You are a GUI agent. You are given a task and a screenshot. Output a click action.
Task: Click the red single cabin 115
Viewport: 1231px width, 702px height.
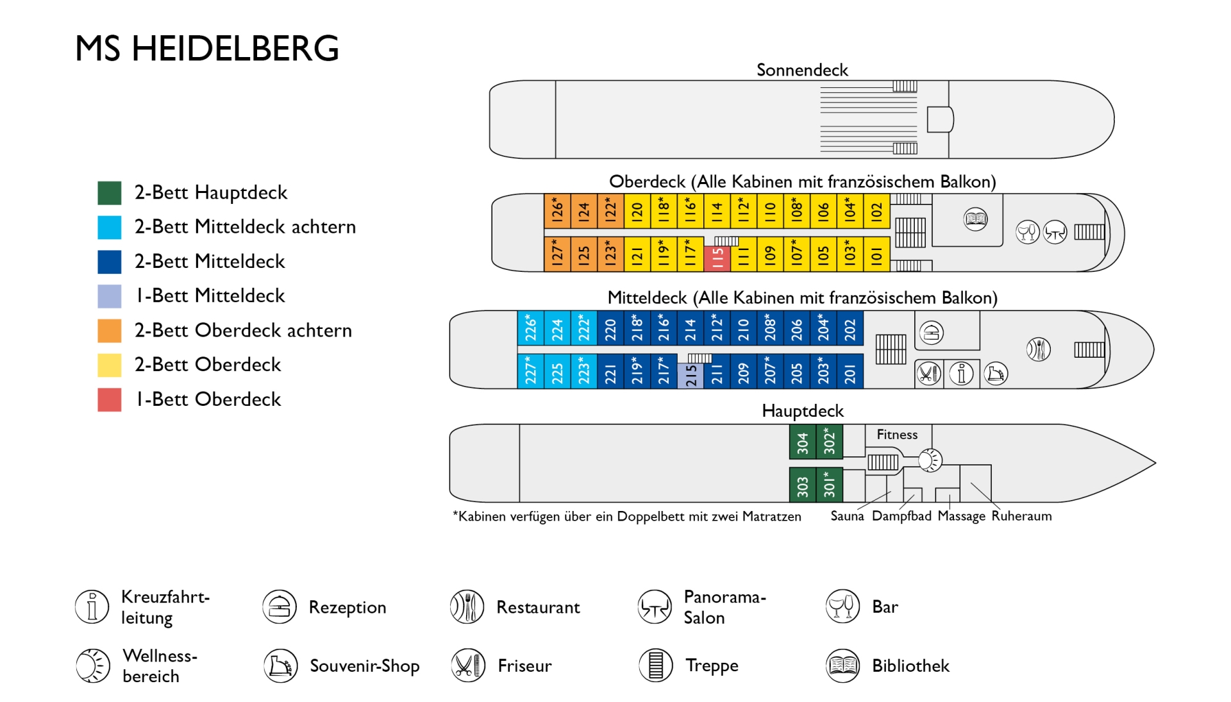pos(717,259)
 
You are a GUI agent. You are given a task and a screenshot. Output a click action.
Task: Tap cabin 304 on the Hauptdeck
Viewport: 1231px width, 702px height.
pos(802,442)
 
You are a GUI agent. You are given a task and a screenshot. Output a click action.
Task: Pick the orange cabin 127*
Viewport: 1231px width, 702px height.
pos(557,254)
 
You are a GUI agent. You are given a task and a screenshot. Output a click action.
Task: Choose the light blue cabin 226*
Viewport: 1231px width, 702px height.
pos(531,328)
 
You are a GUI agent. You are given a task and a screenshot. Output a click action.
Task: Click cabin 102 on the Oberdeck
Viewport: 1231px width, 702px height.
pos(876,211)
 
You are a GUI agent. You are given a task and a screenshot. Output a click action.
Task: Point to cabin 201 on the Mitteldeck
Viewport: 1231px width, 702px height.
pos(850,371)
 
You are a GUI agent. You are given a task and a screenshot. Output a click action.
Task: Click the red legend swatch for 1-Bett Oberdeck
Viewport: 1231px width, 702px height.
pos(110,399)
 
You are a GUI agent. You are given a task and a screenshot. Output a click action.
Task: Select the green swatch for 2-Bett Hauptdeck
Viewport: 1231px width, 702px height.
pos(110,192)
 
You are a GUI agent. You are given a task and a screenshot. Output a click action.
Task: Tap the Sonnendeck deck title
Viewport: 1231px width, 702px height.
pos(802,70)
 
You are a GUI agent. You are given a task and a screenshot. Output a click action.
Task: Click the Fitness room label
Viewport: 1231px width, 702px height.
pos(897,435)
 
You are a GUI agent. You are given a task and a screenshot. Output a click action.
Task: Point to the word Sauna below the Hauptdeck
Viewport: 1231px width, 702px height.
pos(847,516)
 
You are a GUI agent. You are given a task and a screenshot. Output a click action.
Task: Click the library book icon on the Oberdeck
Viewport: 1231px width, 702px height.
pos(975,219)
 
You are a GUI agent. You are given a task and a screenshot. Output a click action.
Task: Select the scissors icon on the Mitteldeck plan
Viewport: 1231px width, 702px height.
pos(928,373)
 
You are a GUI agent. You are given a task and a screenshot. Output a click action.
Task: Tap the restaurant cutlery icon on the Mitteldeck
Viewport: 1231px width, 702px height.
pos(1038,349)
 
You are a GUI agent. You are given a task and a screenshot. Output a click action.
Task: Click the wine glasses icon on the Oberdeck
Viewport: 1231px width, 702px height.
pos(1028,231)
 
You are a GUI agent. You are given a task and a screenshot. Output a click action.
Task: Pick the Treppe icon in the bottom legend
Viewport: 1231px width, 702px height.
pos(655,665)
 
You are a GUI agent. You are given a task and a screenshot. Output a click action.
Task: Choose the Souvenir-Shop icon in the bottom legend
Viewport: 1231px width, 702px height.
pos(280,665)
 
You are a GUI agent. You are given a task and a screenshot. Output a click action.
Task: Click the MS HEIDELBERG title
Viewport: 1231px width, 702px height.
pos(207,48)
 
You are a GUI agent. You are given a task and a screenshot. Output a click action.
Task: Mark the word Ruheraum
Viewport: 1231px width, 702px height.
pos(1021,516)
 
